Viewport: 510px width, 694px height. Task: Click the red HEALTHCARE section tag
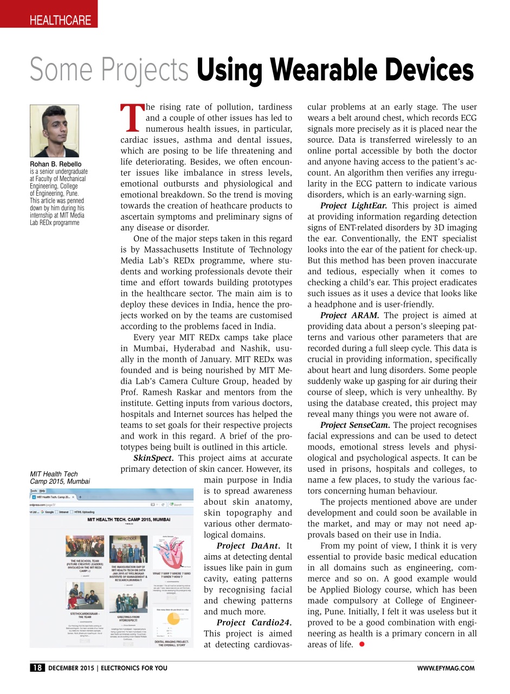pyautogui.click(x=60, y=21)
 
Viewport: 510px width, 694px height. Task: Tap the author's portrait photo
pyautogui.click(x=54, y=131)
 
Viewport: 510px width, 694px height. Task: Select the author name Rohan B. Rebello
pyautogui.click(x=56, y=164)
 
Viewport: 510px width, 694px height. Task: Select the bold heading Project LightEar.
pyautogui.click(x=353, y=205)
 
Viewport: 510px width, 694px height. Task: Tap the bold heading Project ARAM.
pyautogui.click(x=350, y=315)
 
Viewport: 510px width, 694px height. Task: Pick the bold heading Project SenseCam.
pyautogui.click(x=356, y=425)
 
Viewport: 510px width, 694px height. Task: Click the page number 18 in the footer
pyautogui.click(x=37, y=668)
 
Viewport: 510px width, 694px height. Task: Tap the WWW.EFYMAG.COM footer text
pyautogui.click(x=446, y=669)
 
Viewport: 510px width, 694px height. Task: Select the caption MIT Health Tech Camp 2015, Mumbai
pyautogui.click(x=60, y=478)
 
